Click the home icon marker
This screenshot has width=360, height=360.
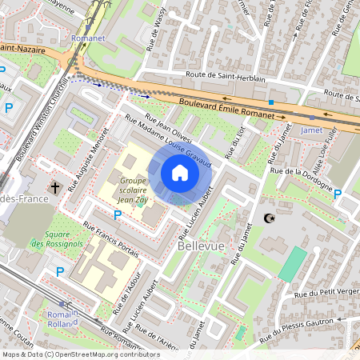[180, 173]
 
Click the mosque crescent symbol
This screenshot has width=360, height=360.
[268, 218]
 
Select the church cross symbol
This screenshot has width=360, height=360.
[54, 189]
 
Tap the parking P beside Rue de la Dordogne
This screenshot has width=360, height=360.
[337, 194]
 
